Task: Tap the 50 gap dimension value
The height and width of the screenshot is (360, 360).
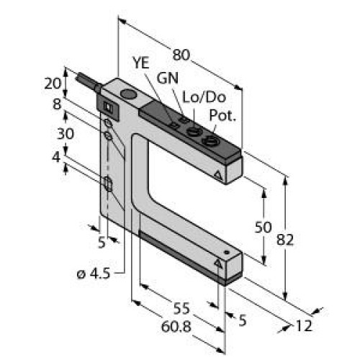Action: click(264, 227)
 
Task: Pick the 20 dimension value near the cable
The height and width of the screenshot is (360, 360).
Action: click(51, 83)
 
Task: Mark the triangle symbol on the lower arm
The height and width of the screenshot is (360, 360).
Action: click(220, 265)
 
